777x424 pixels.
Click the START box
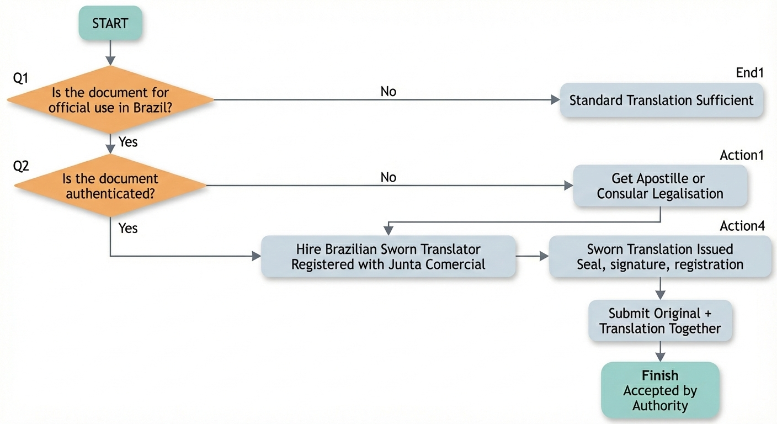click(x=110, y=24)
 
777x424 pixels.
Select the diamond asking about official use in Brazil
click(x=110, y=100)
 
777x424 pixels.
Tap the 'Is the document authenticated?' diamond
click(x=110, y=186)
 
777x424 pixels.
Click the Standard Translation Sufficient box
click(x=661, y=100)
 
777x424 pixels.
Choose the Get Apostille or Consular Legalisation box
click(x=660, y=186)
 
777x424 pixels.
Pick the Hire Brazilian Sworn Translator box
click(x=388, y=257)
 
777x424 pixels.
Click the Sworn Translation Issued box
click(x=660, y=257)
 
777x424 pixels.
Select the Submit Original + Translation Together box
click(x=660, y=321)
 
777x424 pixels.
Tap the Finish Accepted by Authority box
click(x=660, y=390)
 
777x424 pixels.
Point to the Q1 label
click(x=20, y=78)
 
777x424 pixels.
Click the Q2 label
click(x=20, y=166)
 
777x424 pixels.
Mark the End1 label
click(x=749, y=73)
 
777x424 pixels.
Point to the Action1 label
click(x=742, y=155)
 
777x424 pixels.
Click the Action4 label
click(x=742, y=226)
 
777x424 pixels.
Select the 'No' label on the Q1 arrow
click(x=388, y=91)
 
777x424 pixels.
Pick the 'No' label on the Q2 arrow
click(x=388, y=177)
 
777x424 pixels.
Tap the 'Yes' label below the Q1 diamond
click(x=128, y=142)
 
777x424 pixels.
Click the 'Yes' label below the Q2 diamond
click(x=128, y=227)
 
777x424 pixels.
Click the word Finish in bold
click(x=659, y=375)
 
